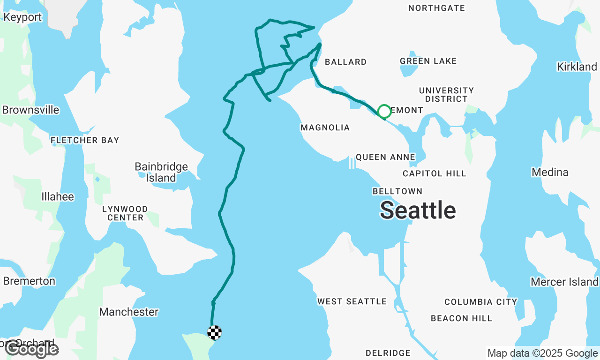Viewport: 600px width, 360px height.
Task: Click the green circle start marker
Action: (384, 112)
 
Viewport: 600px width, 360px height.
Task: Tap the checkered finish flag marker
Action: (215, 332)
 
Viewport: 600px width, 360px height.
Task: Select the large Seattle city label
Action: (418, 210)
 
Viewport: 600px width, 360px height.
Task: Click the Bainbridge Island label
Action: (161, 172)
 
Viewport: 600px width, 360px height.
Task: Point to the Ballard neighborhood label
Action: (345, 62)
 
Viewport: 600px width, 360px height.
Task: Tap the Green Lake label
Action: (428, 61)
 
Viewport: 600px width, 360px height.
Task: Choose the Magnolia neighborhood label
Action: (325, 127)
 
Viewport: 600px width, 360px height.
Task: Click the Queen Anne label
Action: (385, 157)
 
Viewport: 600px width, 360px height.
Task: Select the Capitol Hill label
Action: (435, 173)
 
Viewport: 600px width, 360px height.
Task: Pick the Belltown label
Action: (397, 191)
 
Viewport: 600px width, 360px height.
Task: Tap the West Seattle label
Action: (352, 301)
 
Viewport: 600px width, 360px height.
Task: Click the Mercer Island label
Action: (564, 282)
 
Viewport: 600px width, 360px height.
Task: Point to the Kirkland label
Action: (577, 67)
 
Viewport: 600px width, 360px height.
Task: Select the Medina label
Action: (550, 172)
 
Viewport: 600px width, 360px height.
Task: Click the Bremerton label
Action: (29, 281)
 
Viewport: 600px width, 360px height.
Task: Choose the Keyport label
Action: (22, 17)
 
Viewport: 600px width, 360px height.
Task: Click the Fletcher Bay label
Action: (85, 140)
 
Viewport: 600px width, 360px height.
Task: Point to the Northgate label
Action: (436, 8)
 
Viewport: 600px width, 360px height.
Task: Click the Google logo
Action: (31, 349)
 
